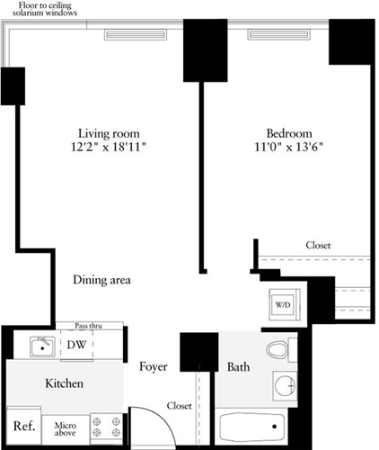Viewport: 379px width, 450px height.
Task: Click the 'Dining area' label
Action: (102, 280)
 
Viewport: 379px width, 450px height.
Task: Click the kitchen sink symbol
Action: (39, 346)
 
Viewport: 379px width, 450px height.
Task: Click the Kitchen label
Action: (65, 384)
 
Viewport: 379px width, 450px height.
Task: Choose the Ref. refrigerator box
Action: (23, 426)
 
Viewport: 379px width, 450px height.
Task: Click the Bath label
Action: (239, 367)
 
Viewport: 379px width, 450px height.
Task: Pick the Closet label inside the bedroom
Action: (319, 246)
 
